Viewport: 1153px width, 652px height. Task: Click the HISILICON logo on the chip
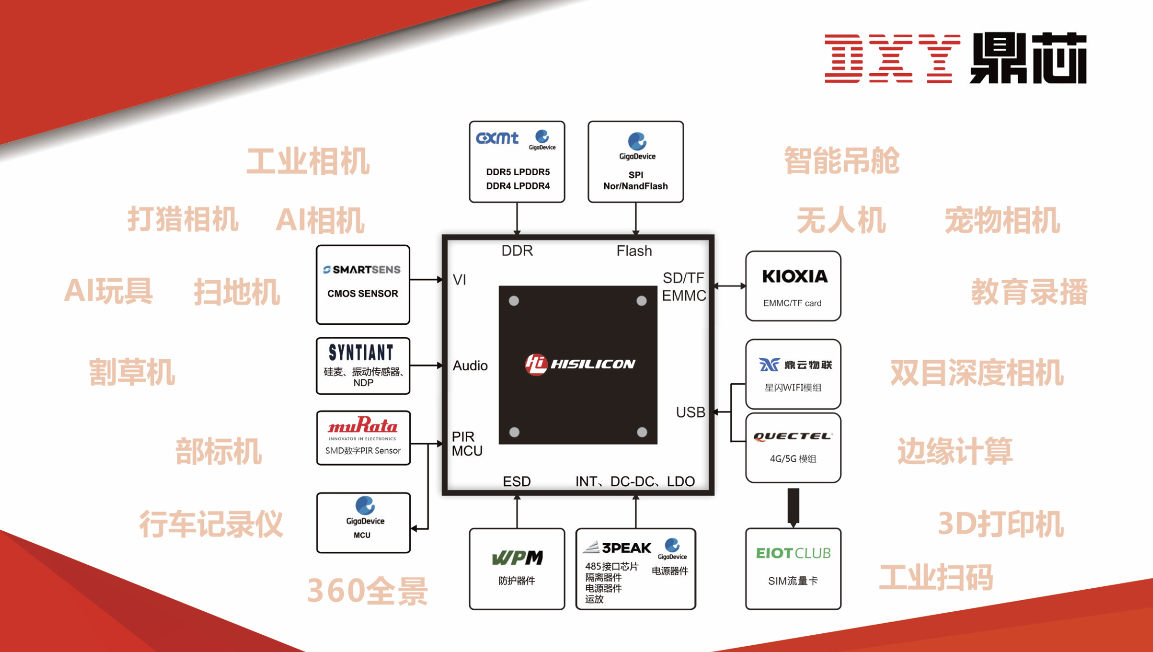(x=580, y=364)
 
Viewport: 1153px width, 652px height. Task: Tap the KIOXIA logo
(x=795, y=276)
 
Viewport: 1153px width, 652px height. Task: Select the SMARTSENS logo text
(x=362, y=269)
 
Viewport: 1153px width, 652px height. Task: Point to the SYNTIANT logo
(x=361, y=352)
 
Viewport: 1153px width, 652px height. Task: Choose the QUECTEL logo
(x=793, y=436)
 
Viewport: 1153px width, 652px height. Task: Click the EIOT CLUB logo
(x=793, y=553)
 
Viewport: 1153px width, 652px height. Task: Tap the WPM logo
(x=517, y=557)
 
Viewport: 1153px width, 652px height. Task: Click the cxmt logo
(x=497, y=138)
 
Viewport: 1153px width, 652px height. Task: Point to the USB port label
(x=690, y=412)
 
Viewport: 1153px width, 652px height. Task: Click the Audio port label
(x=470, y=365)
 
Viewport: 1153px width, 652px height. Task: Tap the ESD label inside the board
(x=516, y=481)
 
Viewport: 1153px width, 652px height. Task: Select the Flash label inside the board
(x=634, y=251)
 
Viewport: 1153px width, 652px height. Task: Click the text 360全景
(x=367, y=591)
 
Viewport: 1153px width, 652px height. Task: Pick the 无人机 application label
(x=841, y=220)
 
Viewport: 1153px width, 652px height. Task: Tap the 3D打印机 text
(x=1001, y=524)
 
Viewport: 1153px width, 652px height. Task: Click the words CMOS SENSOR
(x=363, y=293)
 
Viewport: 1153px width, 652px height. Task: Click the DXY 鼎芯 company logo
(x=955, y=58)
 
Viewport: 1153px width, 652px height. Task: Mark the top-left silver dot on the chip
(x=514, y=301)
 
